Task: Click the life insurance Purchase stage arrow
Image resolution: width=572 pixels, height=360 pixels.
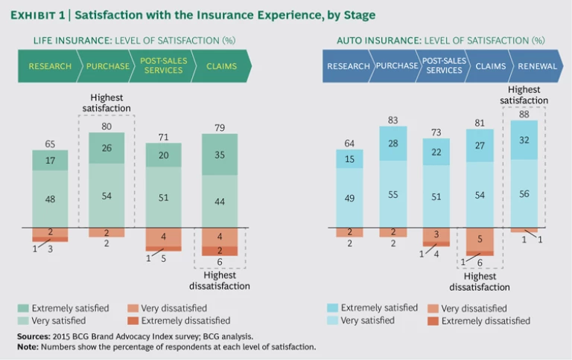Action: point(107,66)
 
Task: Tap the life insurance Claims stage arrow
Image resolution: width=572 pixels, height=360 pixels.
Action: point(221,66)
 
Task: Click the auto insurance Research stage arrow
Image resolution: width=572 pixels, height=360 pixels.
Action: point(348,66)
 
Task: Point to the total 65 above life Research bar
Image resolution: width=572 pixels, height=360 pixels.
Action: point(50,143)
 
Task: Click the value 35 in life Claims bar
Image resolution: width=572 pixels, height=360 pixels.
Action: point(220,155)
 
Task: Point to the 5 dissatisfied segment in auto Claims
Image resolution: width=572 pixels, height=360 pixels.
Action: point(480,240)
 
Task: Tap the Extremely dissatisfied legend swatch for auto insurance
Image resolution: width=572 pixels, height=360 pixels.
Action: point(432,321)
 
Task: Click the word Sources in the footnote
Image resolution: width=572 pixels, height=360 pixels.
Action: point(34,336)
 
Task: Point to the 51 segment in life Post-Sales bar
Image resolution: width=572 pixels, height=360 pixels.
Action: point(163,196)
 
